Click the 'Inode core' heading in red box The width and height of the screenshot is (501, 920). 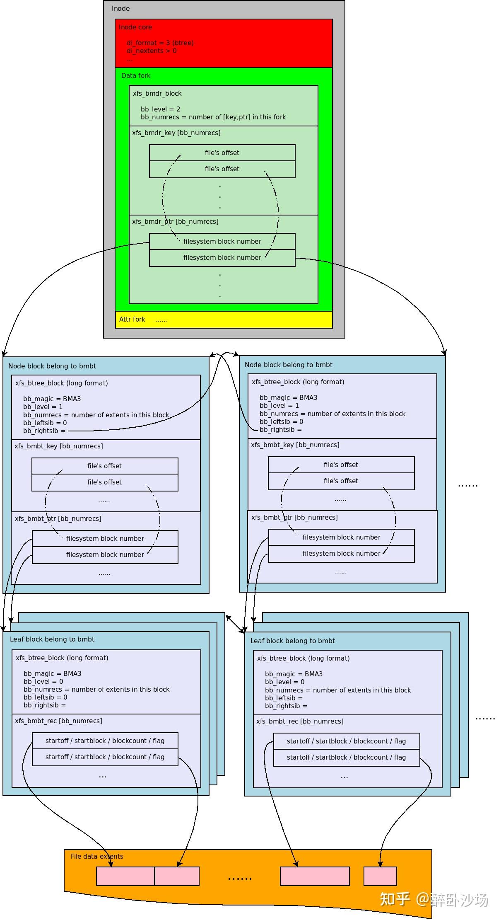(x=135, y=27)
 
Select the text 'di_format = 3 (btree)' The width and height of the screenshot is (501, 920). (x=160, y=43)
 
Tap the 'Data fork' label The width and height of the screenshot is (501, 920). (x=135, y=76)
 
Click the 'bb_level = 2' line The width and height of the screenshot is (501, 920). (x=160, y=109)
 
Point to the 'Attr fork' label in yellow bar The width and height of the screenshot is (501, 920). (x=132, y=320)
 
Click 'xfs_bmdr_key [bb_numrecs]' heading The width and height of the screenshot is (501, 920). (x=176, y=133)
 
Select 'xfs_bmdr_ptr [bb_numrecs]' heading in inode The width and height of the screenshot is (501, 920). (x=175, y=222)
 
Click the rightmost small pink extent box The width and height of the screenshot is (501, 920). (x=380, y=876)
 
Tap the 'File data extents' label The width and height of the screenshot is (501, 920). (x=97, y=857)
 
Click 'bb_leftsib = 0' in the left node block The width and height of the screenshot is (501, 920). (x=45, y=423)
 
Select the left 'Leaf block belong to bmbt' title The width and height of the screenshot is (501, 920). (x=52, y=639)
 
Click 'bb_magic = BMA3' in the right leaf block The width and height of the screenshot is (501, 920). (x=294, y=674)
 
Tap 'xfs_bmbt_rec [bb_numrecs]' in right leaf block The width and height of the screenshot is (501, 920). (x=300, y=721)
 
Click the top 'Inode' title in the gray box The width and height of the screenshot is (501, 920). (x=120, y=9)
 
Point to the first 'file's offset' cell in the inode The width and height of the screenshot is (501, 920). (x=222, y=153)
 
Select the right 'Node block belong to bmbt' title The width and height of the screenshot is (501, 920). (x=288, y=365)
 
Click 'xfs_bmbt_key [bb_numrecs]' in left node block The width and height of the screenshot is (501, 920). (x=59, y=446)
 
